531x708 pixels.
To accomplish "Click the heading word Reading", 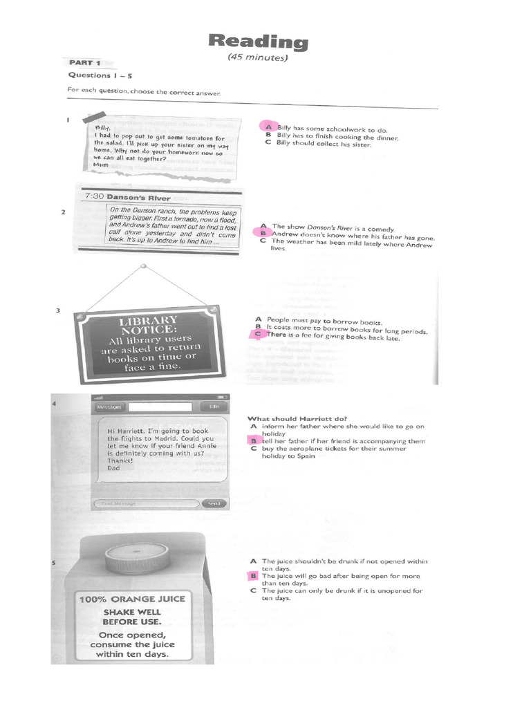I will [258, 42].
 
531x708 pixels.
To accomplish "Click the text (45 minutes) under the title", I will [257, 58].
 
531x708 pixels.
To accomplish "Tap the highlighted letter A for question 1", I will [264, 128].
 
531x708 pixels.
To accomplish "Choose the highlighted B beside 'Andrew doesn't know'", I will [263, 234].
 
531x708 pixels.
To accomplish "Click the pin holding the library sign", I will [143, 266].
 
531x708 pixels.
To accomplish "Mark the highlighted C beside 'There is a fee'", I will [258, 335].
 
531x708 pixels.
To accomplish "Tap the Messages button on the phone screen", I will [109, 407].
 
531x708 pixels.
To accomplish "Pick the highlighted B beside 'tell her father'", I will [254, 440].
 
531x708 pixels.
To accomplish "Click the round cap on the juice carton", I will [136, 554].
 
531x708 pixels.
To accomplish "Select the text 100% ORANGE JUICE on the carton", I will [132, 598].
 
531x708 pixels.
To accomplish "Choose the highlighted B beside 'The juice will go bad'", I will [254, 576].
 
